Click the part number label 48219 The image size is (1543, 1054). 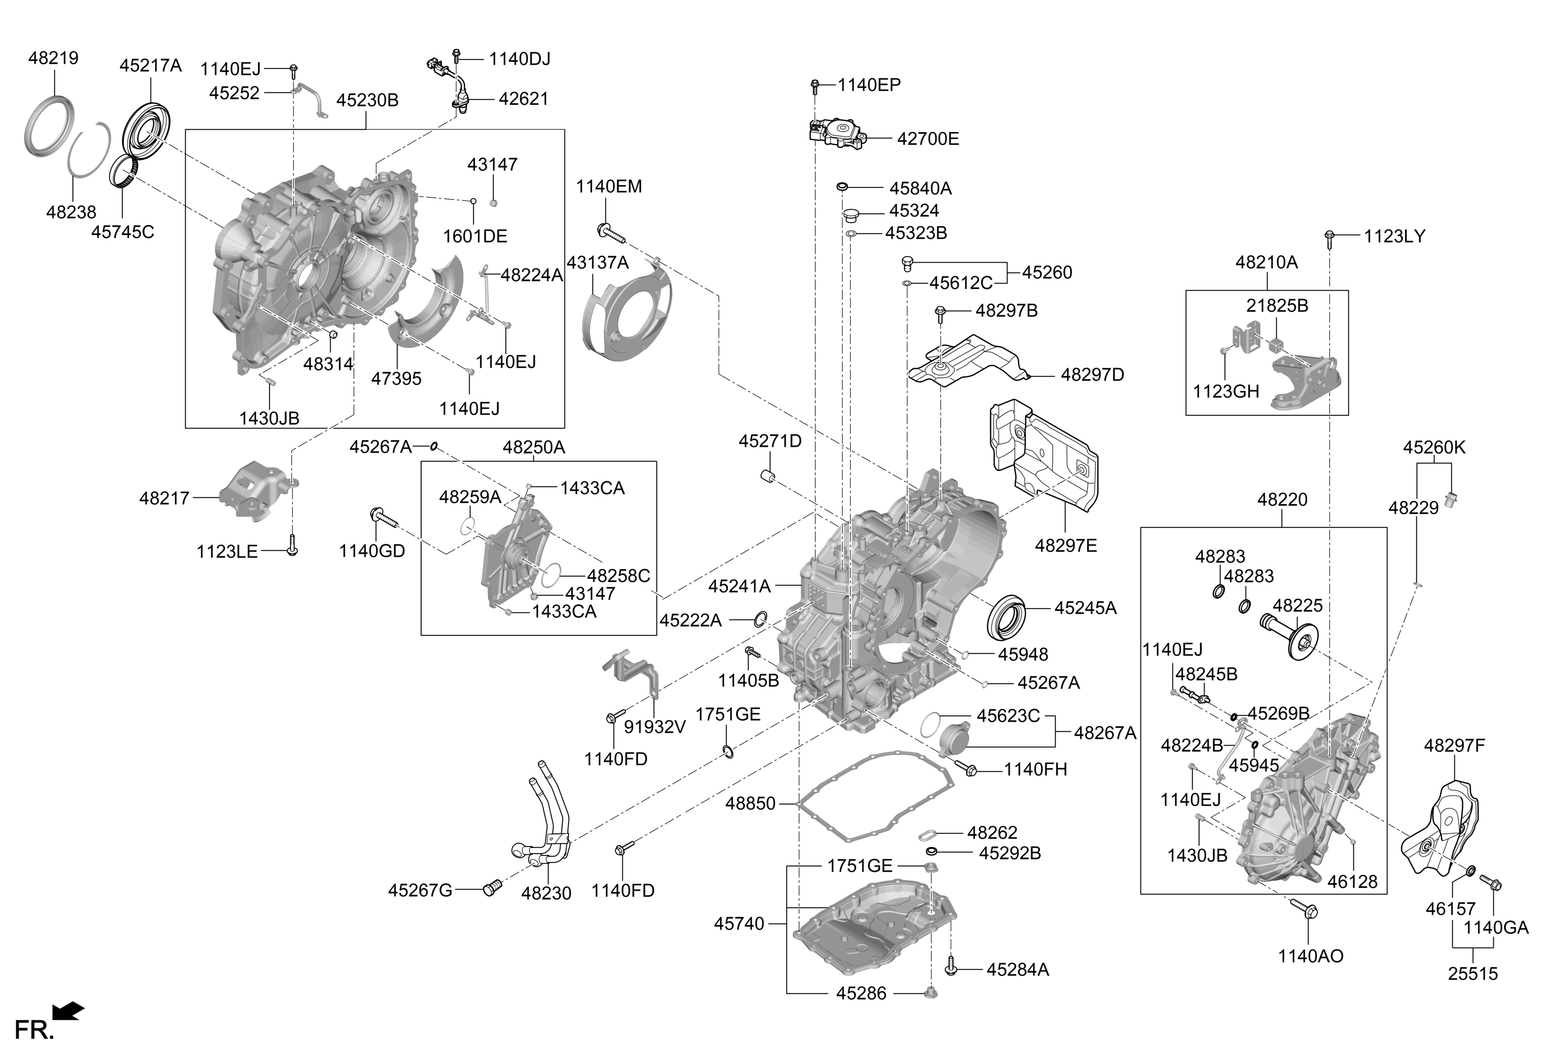(x=53, y=58)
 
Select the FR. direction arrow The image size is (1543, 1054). (x=69, y=1010)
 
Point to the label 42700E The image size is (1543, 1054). (x=928, y=139)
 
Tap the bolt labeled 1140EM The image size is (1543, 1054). (x=611, y=232)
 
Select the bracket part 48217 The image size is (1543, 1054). (x=251, y=490)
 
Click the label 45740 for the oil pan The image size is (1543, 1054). (x=739, y=923)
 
